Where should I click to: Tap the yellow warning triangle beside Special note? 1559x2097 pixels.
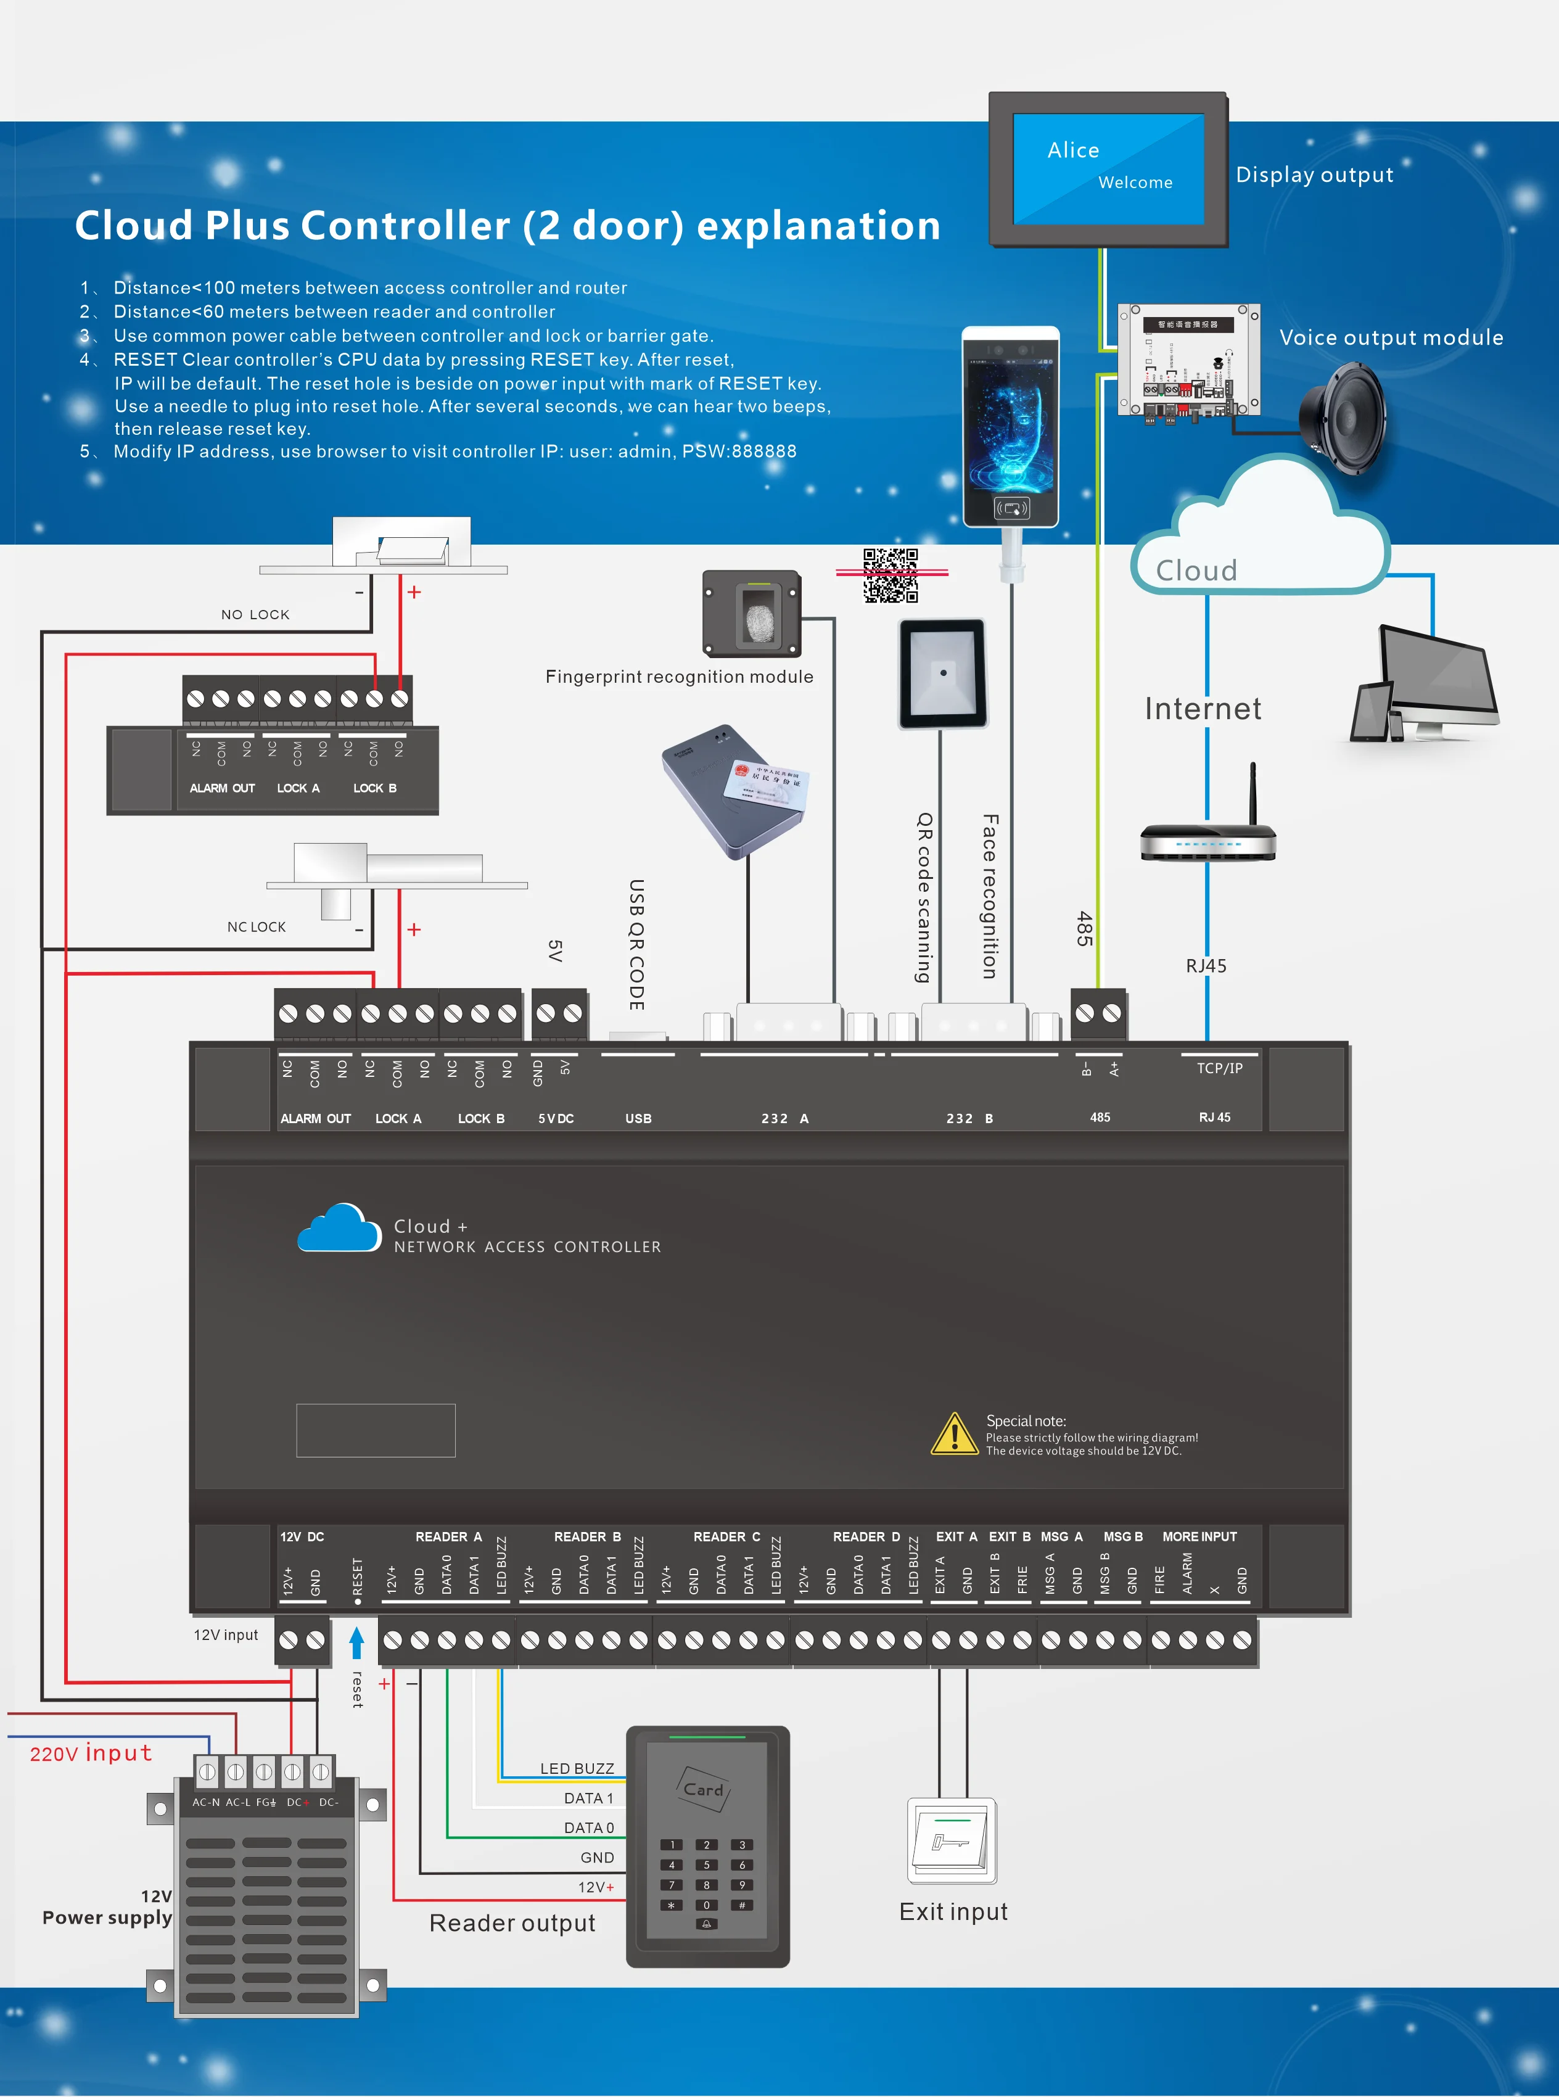click(x=954, y=1435)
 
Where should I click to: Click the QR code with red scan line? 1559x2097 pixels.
click(x=891, y=574)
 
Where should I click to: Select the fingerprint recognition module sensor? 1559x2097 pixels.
click(x=759, y=614)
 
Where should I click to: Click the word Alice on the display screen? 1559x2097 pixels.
click(x=1073, y=150)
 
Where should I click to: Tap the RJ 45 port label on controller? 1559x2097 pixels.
click(x=1214, y=1118)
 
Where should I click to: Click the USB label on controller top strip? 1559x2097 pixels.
click(x=638, y=1118)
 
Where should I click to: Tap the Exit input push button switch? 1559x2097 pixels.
click(x=952, y=1839)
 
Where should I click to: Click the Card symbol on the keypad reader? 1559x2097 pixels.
click(x=704, y=1789)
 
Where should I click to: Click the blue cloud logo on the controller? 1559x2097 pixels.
click(x=340, y=1229)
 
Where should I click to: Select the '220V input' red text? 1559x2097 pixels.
click(x=91, y=1753)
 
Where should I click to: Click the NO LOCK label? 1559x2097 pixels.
click(x=255, y=614)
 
